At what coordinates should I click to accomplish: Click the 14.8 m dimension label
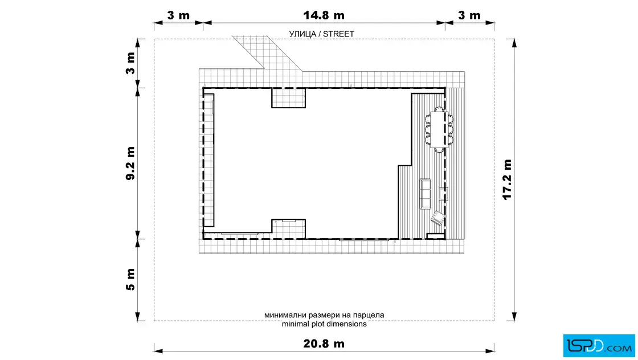click(324, 15)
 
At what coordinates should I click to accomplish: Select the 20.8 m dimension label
click(324, 343)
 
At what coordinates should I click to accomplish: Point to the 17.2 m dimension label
click(507, 179)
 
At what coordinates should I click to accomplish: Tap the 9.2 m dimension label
click(130, 163)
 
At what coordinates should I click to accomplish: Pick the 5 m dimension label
click(130, 280)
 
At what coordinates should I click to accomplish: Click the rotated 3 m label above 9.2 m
click(130, 63)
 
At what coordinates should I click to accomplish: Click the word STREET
click(338, 34)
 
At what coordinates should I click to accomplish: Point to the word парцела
click(369, 315)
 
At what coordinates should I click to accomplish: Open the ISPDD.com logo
click(599, 346)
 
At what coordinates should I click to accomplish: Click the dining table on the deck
click(439, 129)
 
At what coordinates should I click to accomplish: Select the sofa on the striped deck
click(425, 194)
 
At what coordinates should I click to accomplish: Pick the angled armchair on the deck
click(438, 218)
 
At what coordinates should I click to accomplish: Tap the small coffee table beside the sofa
click(443, 194)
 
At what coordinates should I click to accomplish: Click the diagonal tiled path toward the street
click(267, 52)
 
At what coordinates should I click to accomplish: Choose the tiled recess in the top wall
click(288, 97)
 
